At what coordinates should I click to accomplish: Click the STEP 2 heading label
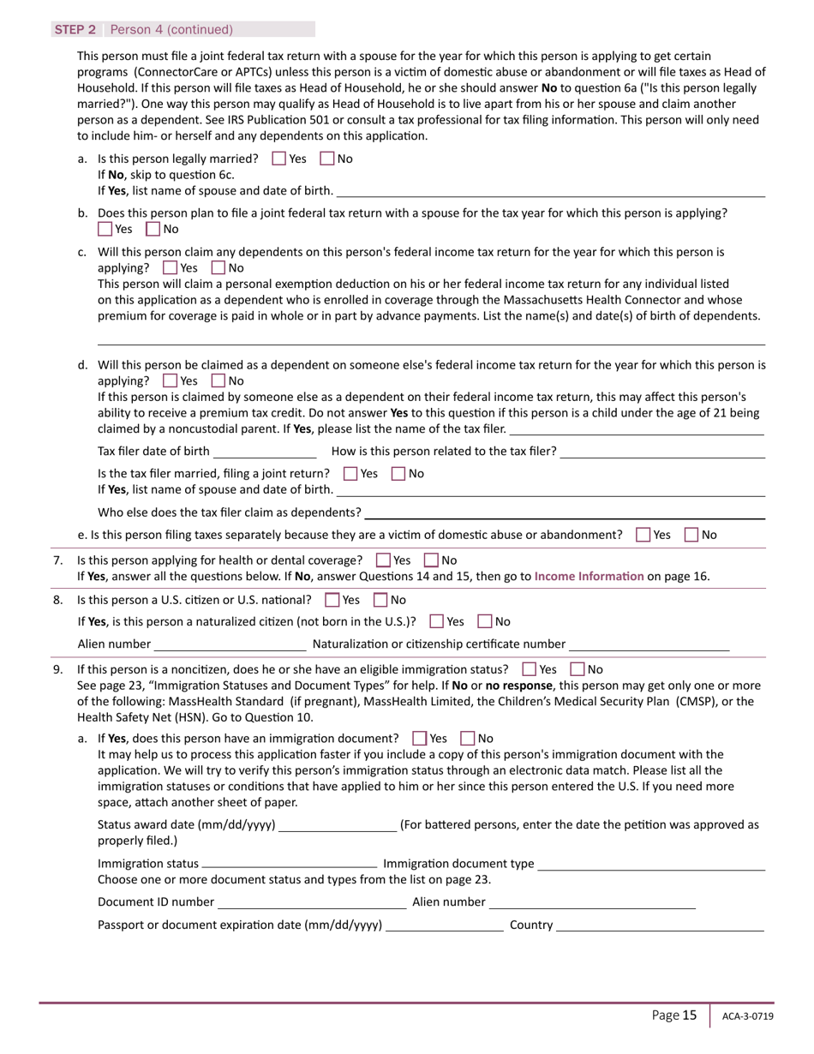coord(75,29)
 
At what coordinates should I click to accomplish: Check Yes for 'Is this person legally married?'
coord(279,159)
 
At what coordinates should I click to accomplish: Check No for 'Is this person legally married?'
coord(327,159)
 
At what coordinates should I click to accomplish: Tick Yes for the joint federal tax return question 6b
coord(105,229)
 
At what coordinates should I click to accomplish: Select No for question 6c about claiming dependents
coord(218,268)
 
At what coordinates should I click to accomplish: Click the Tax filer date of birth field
coord(265,452)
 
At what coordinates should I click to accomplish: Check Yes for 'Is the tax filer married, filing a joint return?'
coord(350,473)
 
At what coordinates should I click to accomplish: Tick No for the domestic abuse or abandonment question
coord(691,535)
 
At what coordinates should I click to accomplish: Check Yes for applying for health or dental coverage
coord(384,560)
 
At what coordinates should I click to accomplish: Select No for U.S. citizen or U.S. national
coord(381,600)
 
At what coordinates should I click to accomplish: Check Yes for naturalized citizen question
coord(436,621)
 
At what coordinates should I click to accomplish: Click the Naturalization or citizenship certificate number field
coord(649,644)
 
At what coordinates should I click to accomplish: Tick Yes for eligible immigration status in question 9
coord(530,669)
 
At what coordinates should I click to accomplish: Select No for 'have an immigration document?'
coord(468,738)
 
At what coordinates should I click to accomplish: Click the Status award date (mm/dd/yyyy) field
coord(338,825)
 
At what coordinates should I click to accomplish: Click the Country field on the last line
coord(660,925)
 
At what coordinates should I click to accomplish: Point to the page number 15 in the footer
coord(690,1015)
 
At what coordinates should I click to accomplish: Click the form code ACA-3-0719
coord(747,1016)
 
